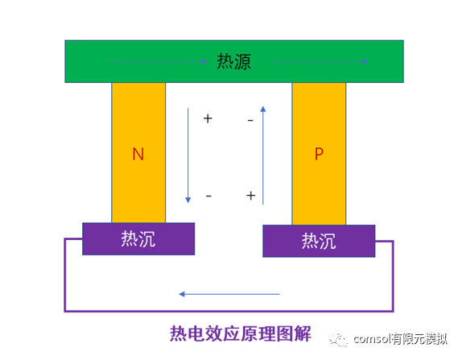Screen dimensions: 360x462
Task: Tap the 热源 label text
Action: tap(233, 61)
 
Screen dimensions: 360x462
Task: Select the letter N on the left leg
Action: tap(138, 155)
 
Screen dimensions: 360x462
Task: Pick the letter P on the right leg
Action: tap(319, 154)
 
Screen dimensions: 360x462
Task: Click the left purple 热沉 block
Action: tap(138, 239)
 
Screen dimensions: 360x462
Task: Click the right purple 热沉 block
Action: tap(319, 241)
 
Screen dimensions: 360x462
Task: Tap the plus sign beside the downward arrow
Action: tap(208, 118)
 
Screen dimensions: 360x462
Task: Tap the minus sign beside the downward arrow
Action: tap(208, 196)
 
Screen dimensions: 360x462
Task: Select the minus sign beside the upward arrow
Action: tap(250, 120)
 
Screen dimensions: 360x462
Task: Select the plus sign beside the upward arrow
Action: tap(250, 196)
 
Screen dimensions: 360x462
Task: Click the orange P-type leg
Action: tap(319, 193)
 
